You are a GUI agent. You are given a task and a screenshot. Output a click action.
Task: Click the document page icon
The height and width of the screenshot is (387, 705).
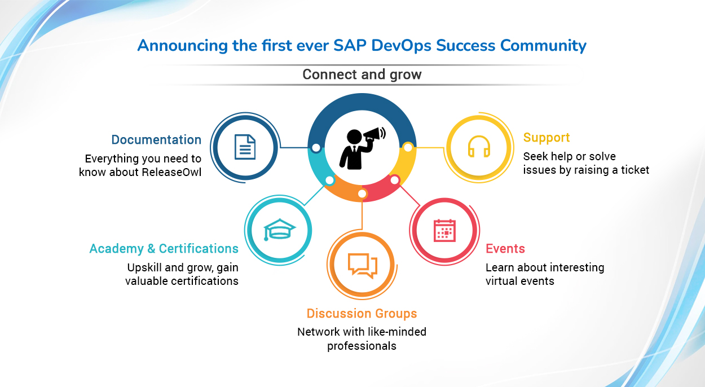pos(245,147)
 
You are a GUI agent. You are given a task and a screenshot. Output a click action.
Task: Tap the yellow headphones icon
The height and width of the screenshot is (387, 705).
pos(479,146)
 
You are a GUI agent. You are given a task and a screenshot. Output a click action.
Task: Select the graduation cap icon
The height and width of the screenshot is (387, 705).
pos(279,230)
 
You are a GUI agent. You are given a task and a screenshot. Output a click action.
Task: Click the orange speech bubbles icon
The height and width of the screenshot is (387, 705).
pos(362,266)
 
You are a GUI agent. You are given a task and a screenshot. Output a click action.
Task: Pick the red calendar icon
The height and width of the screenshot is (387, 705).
pos(444,231)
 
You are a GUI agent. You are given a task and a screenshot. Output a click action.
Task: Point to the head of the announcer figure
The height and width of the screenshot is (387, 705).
pos(354,137)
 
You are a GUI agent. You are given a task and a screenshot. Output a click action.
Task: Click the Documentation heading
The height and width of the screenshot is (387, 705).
pos(156,139)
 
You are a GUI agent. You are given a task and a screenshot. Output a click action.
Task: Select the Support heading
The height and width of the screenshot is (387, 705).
pos(547,138)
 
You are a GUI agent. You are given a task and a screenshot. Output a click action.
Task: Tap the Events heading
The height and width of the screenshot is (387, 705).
pos(505,248)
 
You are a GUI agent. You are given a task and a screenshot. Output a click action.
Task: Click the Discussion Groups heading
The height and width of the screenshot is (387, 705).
pos(362,314)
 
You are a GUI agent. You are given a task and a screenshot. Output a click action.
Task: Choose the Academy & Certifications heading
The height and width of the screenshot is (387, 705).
pos(164,248)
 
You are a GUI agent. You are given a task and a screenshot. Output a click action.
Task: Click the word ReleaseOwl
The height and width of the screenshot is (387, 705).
pos(171,172)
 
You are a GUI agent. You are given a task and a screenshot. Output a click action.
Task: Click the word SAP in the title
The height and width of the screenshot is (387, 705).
pos(350,45)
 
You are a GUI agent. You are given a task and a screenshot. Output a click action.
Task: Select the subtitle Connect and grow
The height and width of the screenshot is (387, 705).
pos(362,74)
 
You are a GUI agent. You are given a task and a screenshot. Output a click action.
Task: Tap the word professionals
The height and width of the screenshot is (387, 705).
pos(362,346)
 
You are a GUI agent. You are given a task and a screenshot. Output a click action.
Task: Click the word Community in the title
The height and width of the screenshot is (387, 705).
pos(543,46)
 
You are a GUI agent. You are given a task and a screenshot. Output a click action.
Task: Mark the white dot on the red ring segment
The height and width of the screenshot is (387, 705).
pos(395,180)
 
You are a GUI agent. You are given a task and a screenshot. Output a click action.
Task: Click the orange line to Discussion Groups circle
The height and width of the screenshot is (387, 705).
pos(362,214)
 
